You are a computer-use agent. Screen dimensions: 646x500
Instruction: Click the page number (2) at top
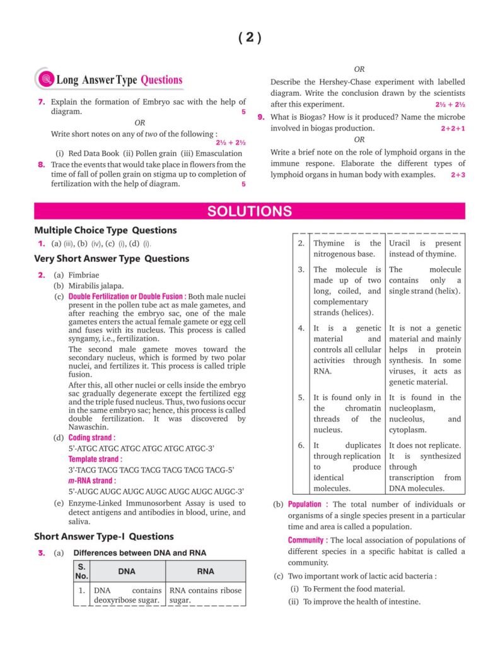[250, 38]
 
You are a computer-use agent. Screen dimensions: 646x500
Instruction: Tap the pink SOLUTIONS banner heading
[250, 211]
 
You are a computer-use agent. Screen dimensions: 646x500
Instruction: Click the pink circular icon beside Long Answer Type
[45, 79]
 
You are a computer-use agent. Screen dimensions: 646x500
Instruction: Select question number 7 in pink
[41, 102]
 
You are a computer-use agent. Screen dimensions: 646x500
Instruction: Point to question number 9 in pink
[261, 117]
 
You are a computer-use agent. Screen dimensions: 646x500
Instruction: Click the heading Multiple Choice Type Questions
[105, 230]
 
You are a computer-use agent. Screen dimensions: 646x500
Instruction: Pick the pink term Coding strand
[91, 437]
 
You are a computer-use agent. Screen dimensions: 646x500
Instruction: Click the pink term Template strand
[95, 459]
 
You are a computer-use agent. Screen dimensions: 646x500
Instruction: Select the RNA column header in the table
[206, 571]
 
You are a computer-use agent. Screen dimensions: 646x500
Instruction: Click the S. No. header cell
[81, 571]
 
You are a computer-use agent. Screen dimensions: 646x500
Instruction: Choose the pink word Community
[306, 540]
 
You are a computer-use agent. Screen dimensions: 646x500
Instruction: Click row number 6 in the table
[301, 445]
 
